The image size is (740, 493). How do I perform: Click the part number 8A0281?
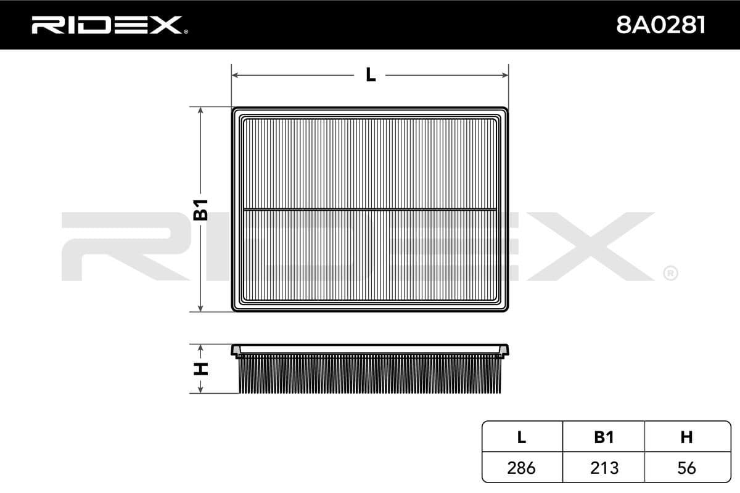(661, 25)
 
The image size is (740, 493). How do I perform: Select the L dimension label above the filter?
(370, 75)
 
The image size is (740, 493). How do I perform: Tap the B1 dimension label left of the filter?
(201, 210)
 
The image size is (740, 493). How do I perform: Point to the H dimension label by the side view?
(201, 369)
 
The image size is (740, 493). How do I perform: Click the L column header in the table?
(522, 437)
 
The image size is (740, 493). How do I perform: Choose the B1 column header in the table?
(604, 437)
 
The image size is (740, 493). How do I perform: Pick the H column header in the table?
(686, 437)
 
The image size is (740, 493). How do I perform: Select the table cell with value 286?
(522, 468)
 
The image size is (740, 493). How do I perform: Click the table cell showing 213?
(604, 468)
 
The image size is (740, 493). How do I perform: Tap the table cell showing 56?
(686, 468)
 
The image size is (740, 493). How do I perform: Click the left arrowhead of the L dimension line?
(235, 75)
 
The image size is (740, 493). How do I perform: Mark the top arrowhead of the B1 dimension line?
(201, 110)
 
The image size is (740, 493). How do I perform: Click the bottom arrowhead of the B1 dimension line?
(201, 308)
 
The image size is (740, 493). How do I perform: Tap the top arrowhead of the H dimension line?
(201, 348)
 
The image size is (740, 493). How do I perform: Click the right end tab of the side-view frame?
(504, 351)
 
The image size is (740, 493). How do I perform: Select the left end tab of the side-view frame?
(236, 351)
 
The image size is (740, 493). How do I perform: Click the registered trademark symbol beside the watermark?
(670, 273)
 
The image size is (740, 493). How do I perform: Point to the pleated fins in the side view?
(370, 376)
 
